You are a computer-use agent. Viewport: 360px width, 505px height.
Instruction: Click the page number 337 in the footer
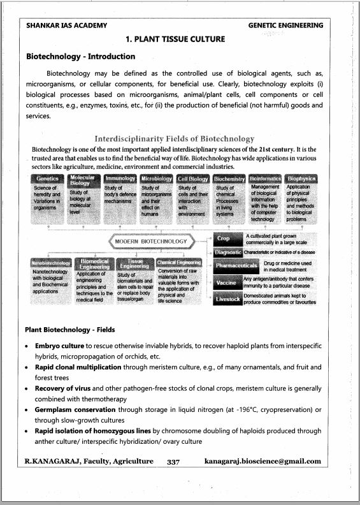tap(175, 461)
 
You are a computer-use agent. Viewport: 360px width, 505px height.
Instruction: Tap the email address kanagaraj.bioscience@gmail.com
tap(263, 461)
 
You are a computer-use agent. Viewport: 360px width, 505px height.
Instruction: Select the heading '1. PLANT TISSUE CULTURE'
tap(175, 40)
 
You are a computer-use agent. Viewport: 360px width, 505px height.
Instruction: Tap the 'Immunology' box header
tap(120, 179)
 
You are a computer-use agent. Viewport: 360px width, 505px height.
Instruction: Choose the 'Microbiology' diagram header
tap(156, 179)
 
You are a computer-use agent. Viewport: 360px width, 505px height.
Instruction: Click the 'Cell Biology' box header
tap(193, 179)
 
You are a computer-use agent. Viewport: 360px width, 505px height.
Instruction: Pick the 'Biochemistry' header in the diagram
tap(230, 179)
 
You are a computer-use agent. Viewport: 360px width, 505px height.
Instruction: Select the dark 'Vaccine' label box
tap(229, 282)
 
